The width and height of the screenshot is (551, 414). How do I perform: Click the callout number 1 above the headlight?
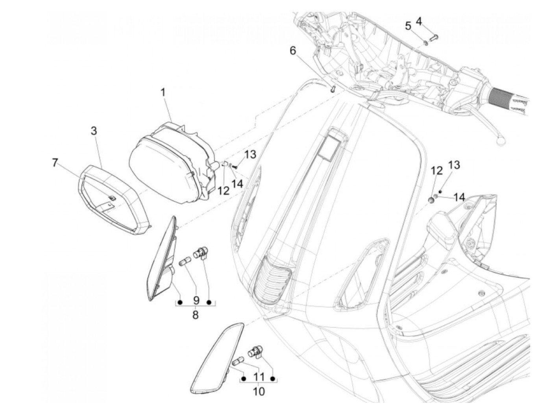pos(163,93)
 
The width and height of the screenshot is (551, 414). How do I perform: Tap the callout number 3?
pos(94,131)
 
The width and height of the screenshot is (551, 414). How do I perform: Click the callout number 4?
pos(419,21)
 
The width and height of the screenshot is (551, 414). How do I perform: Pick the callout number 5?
pos(408,26)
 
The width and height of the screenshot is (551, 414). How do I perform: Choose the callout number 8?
pos(196,315)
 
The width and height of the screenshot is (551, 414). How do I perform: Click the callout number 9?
pos(196,301)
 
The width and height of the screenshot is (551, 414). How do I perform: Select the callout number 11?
pos(259,377)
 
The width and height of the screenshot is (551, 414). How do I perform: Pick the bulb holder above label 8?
pos(202,251)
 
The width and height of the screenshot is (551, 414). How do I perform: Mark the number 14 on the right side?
pos(459,197)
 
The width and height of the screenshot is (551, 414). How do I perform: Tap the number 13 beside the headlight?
pos(250,155)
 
